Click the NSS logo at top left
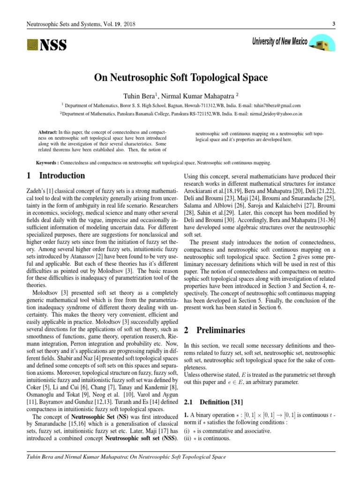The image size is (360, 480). click(x=46, y=45)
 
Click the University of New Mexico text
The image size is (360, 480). click(x=279, y=42)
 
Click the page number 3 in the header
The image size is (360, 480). click(x=332, y=23)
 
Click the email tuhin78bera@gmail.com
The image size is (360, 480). click(x=276, y=106)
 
